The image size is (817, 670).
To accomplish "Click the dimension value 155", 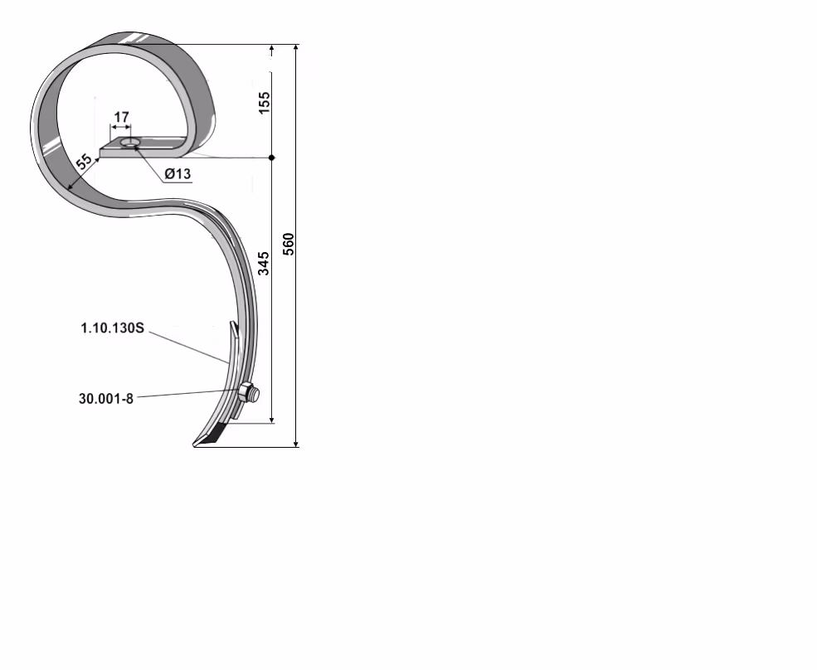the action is [265, 103].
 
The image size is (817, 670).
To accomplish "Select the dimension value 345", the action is [265, 263].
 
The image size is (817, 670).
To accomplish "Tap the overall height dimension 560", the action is [288, 245].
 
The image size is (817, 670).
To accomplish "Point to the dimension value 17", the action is [121, 117].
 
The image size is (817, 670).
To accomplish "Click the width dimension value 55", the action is [85, 161].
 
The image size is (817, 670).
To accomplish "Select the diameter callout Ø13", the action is [178, 173].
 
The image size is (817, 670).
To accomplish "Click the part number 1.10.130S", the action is [113, 328].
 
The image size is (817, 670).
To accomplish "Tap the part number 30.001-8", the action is [106, 399].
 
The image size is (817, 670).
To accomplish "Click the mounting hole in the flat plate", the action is [129, 143].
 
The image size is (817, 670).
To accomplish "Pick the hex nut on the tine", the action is [247, 391].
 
